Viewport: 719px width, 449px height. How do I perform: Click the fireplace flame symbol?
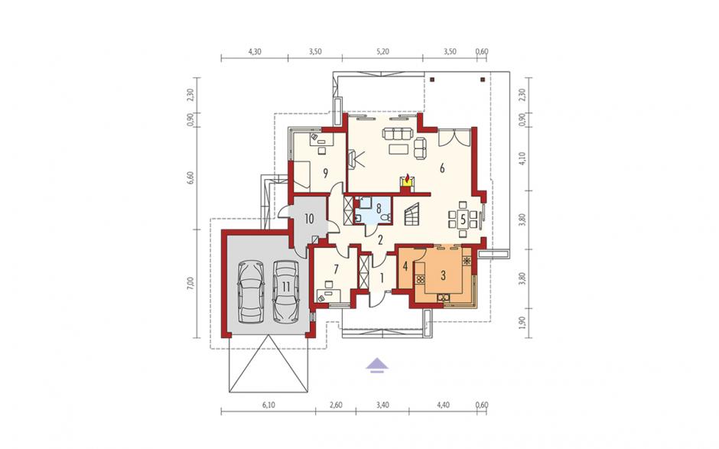[406, 177]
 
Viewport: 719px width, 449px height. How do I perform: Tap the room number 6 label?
[442, 168]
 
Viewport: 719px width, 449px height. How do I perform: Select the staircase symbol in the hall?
[412, 214]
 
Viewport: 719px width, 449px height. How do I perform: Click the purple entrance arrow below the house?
[377, 364]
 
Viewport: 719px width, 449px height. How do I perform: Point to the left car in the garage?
[251, 292]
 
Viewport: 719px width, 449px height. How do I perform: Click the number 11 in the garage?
[286, 287]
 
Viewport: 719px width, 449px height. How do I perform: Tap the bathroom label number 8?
[379, 208]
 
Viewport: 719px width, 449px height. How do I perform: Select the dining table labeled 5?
[463, 219]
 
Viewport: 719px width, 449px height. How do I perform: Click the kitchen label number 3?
[443, 275]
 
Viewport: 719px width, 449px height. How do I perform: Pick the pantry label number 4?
[405, 265]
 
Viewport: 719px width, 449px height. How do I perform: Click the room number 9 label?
[325, 173]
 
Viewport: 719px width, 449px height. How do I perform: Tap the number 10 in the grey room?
[309, 219]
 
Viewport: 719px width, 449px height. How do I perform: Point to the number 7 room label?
[336, 269]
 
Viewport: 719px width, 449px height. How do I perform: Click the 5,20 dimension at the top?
[382, 52]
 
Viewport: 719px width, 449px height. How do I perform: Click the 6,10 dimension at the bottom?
[268, 405]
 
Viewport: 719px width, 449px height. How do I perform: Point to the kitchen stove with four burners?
[420, 279]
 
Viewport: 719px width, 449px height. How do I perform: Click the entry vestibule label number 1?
[382, 277]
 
